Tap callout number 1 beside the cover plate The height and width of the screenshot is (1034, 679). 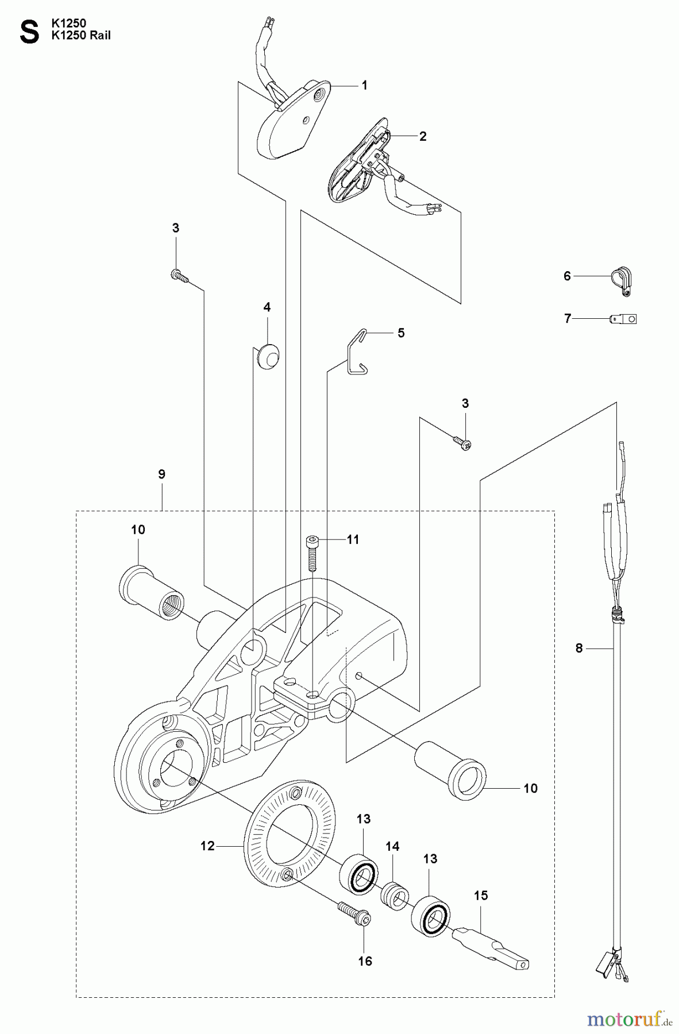click(364, 85)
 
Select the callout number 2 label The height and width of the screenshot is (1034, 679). click(423, 136)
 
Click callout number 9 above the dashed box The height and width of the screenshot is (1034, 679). click(161, 474)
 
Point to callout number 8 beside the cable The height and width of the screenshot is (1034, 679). click(579, 648)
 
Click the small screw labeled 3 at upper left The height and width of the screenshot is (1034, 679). click(179, 276)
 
